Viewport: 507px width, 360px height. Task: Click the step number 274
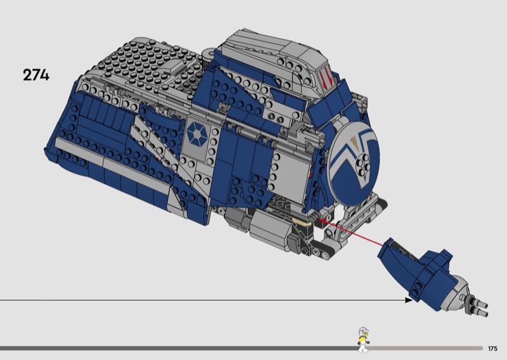pos(36,75)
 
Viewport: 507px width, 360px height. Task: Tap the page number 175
pos(492,349)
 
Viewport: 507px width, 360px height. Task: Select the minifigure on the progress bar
pos(363,340)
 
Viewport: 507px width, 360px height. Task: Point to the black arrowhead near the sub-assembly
pos(409,300)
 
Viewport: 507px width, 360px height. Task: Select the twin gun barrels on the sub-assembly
pos(477,307)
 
